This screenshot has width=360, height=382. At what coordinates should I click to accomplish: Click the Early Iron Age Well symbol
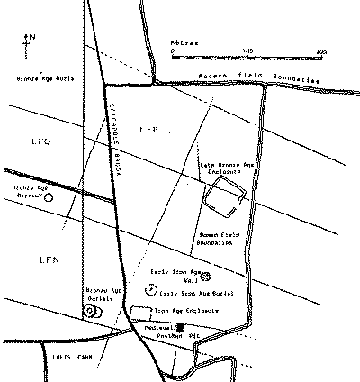(205, 276)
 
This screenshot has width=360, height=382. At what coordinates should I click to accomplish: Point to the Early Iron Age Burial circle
(149, 290)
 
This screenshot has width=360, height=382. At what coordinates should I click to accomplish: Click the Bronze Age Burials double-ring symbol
(90, 310)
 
